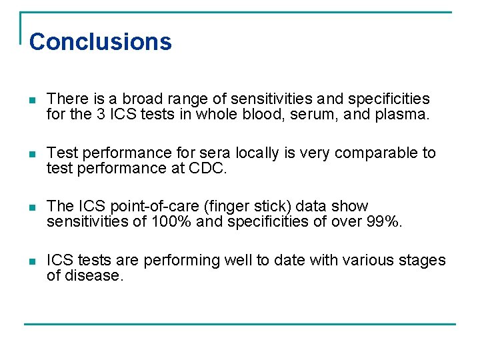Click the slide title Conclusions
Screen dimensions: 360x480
pyautogui.click(x=101, y=41)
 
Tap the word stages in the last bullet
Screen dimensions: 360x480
pyautogui.click(x=422, y=260)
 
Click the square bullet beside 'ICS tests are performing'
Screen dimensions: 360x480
pyautogui.click(x=33, y=261)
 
